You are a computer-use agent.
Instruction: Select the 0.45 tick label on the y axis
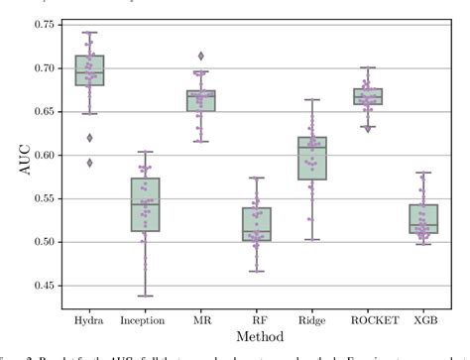coord(42,286)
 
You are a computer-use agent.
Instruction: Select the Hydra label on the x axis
coord(89,320)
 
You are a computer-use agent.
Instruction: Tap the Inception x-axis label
coord(145,320)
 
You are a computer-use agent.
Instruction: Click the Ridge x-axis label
coord(314,320)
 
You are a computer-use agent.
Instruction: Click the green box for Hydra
coord(89,71)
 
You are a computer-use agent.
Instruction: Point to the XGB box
coord(426,219)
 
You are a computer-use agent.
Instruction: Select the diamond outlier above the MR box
coord(202,57)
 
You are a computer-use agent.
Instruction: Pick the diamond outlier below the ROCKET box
coord(371,128)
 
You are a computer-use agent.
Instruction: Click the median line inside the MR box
coord(202,95)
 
